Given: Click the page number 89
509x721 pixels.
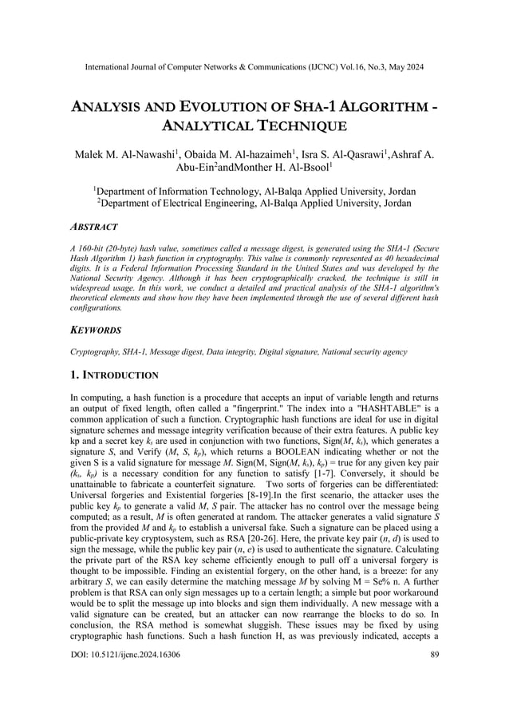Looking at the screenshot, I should click(x=433, y=697).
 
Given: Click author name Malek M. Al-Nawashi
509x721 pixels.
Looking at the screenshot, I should click(x=128, y=154).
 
